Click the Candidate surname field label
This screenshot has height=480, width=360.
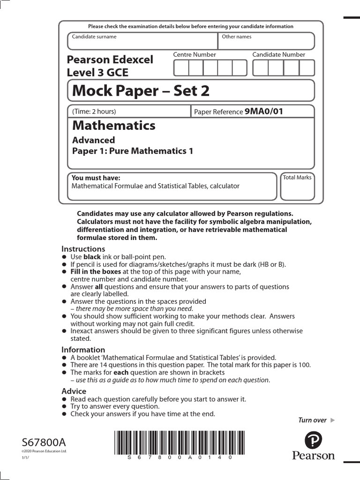click(x=94, y=37)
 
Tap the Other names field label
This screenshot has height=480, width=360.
click(x=237, y=37)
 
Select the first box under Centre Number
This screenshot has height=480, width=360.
click(x=181, y=68)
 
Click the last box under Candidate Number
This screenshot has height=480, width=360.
click(x=307, y=68)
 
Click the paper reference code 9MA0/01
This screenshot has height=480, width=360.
click(x=264, y=111)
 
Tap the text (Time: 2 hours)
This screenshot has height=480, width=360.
click(x=94, y=111)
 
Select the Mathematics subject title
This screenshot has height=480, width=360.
click(x=114, y=126)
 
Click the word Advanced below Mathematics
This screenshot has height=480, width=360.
click(x=93, y=140)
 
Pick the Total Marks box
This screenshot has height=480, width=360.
click(x=297, y=187)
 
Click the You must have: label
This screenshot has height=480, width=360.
click(x=96, y=178)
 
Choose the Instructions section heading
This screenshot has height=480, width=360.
click(x=83, y=249)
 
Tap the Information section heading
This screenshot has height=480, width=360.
click(x=83, y=350)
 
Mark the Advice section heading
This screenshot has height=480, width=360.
click(x=74, y=391)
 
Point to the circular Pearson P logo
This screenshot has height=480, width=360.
click(x=314, y=441)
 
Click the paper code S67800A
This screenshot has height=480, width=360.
click(x=44, y=442)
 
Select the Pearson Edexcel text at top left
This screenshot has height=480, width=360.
click(x=110, y=60)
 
